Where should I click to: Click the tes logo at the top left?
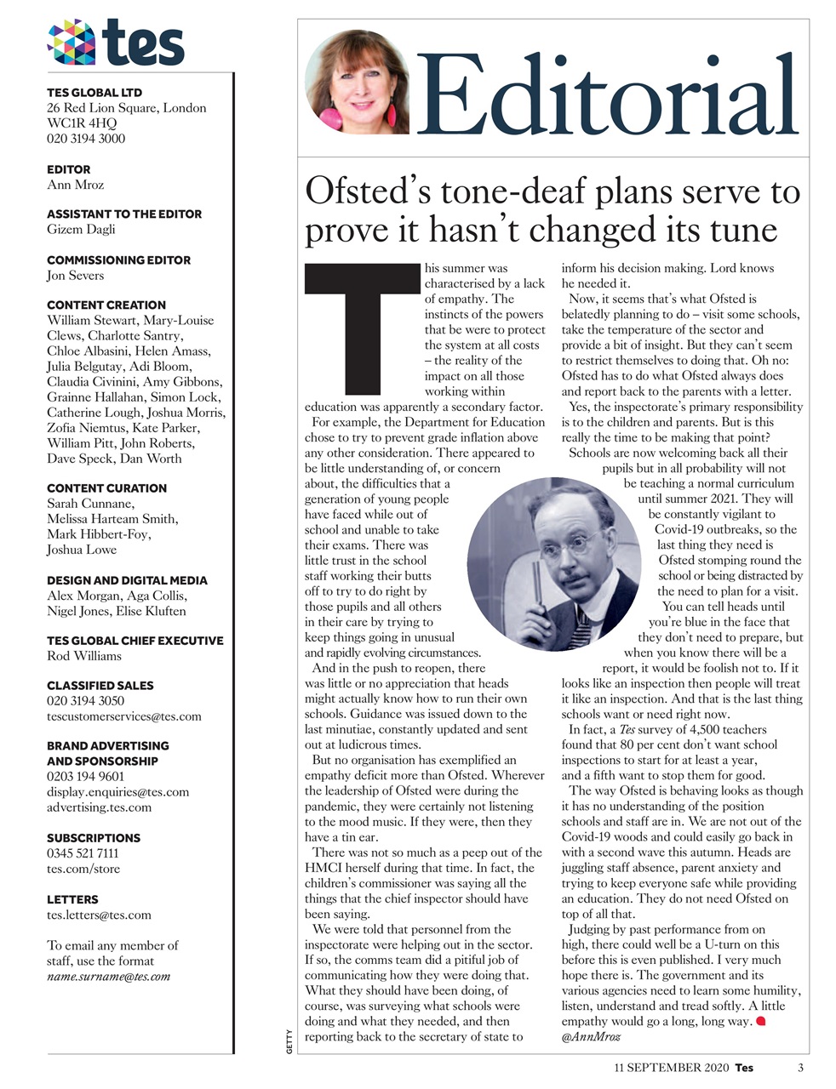(x=116, y=42)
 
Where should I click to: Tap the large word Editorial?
(x=609, y=96)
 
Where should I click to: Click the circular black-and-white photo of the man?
(x=553, y=564)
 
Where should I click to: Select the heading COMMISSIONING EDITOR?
(x=118, y=260)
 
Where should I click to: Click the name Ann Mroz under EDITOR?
(x=75, y=185)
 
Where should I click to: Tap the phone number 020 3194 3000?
(x=86, y=139)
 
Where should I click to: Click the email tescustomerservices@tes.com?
(x=124, y=716)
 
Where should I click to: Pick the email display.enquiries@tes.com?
(x=118, y=792)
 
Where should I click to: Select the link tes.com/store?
(x=83, y=869)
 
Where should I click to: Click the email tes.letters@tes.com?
(x=99, y=915)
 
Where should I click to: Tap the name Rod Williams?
(x=84, y=656)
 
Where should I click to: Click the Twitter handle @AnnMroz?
(x=590, y=1037)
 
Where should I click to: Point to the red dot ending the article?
(x=761, y=1021)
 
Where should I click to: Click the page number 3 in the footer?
(x=800, y=1068)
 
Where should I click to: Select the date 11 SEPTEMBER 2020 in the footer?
(x=672, y=1068)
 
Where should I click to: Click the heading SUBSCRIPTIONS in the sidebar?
(x=94, y=838)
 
